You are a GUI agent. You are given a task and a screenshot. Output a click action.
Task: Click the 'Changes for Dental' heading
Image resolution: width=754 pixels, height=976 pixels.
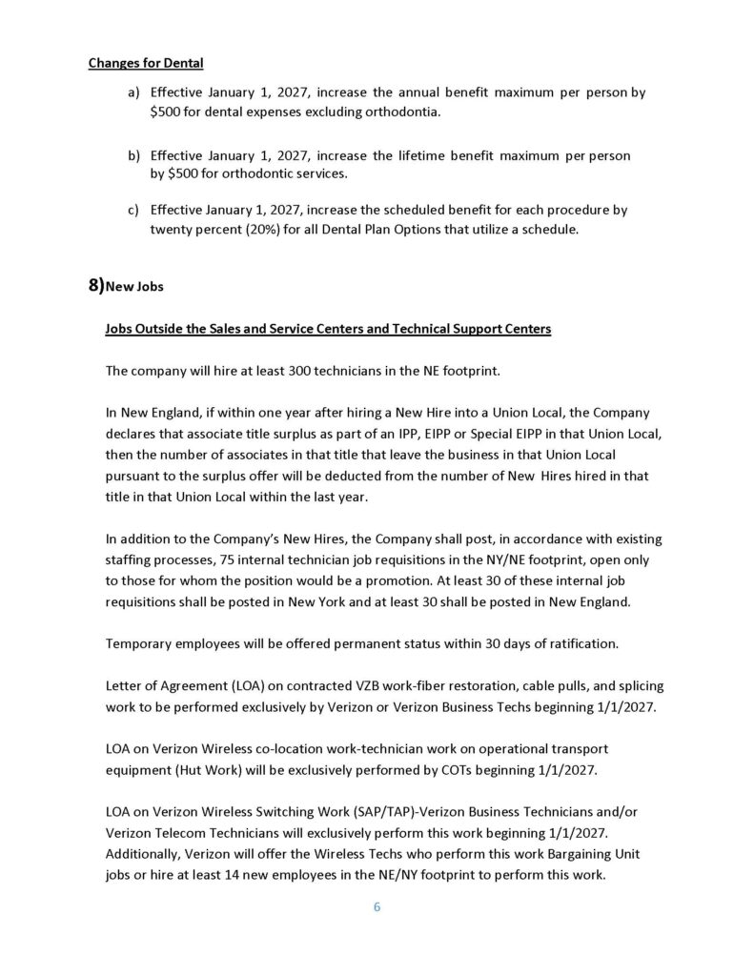click(x=146, y=64)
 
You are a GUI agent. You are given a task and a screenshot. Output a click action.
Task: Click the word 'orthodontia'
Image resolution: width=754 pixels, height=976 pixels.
click(x=410, y=113)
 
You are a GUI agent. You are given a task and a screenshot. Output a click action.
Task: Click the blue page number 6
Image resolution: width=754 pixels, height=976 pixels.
click(x=377, y=907)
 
